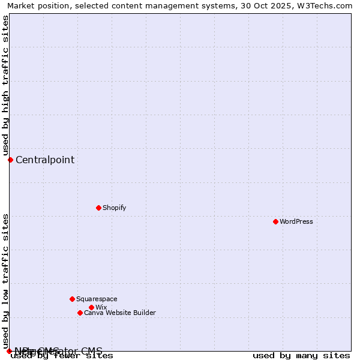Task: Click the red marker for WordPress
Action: (x=275, y=221)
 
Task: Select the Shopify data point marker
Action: (x=98, y=208)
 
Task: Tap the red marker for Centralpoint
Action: (x=10, y=160)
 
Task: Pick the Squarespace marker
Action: (x=72, y=299)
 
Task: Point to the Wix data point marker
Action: (x=91, y=307)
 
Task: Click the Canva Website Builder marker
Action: (x=80, y=313)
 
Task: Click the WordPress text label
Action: (x=296, y=221)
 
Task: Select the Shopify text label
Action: (x=114, y=208)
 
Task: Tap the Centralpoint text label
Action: (x=45, y=160)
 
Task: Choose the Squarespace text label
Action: (x=97, y=299)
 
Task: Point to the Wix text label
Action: (x=101, y=307)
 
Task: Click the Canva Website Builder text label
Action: (x=120, y=313)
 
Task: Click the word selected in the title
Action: (x=92, y=5)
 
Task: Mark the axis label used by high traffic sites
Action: (x=5, y=85)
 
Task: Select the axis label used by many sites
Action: (x=301, y=355)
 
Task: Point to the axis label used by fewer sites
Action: (x=62, y=355)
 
